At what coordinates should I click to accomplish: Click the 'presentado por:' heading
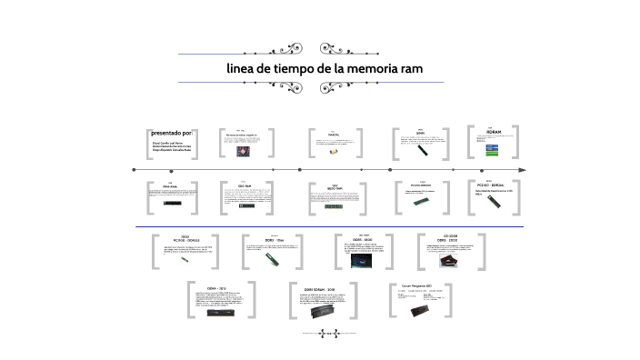(172, 133)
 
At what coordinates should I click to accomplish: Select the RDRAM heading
(495, 131)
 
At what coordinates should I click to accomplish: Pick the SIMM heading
(420, 132)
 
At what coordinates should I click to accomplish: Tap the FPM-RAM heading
(170, 186)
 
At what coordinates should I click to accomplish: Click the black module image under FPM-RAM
(171, 204)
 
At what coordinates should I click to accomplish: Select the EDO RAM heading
(245, 186)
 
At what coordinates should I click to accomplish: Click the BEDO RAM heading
(335, 188)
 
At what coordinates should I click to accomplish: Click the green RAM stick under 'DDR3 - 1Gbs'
(270, 258)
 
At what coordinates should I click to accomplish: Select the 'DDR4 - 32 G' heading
(217, 287)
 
